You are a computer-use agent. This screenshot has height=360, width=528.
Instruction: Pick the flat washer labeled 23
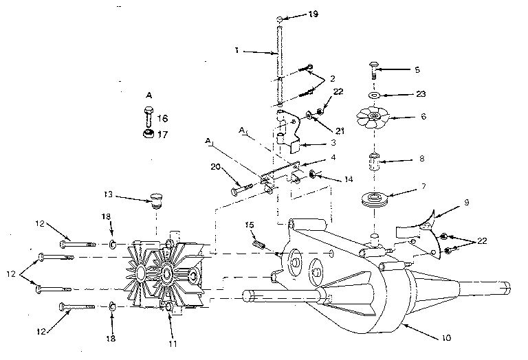375,95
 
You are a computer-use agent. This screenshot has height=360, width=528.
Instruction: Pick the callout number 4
333,157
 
